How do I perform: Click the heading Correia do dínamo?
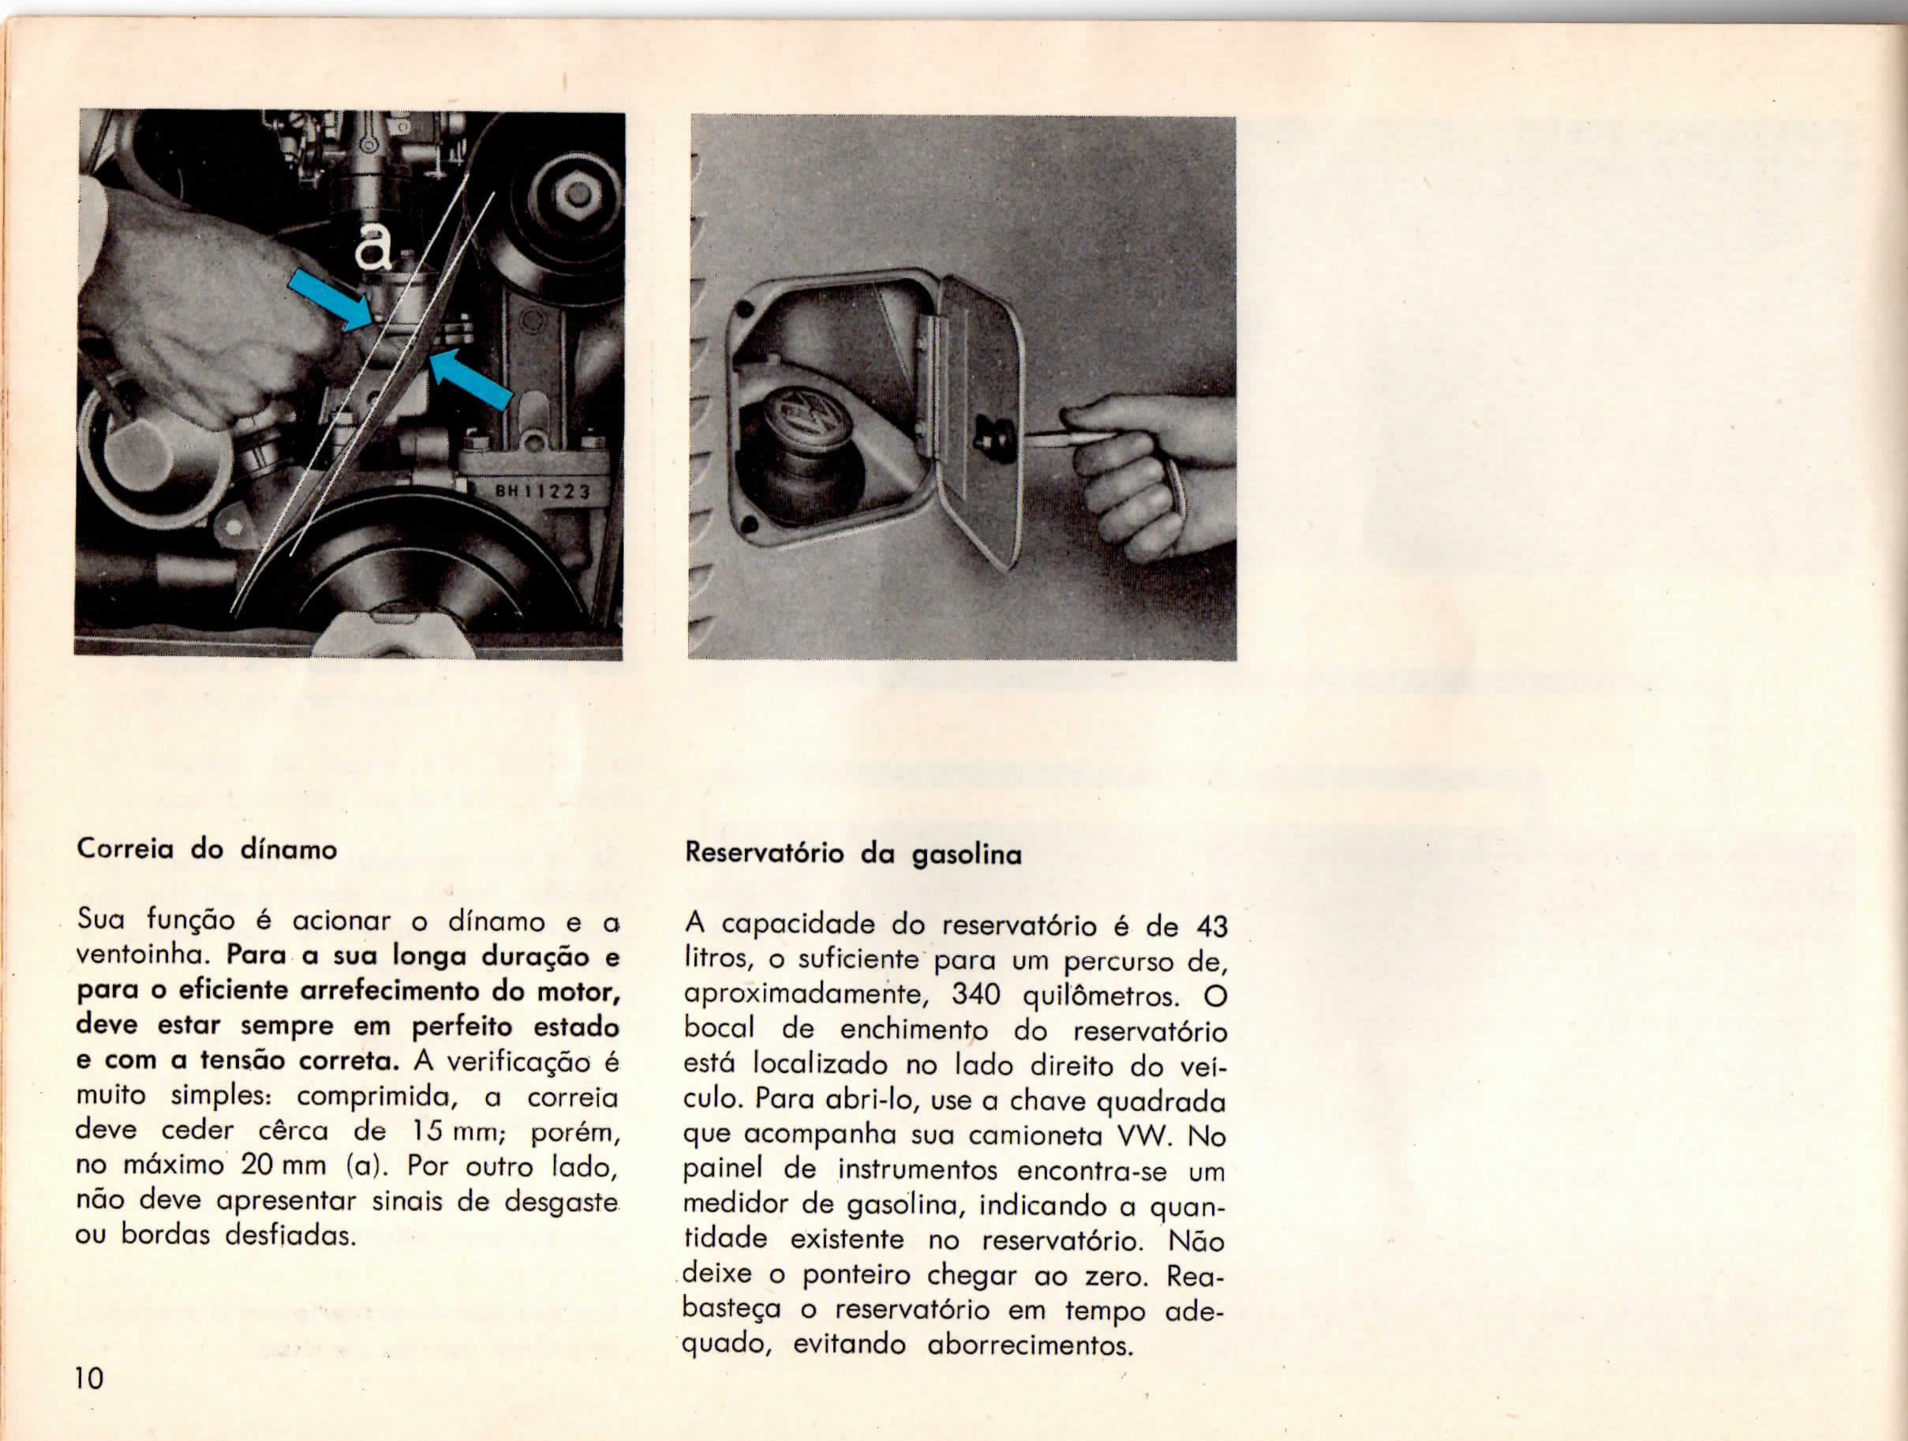tap(207, 850)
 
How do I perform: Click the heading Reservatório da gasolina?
tap(853, 854)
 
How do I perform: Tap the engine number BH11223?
tap(541, 493)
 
